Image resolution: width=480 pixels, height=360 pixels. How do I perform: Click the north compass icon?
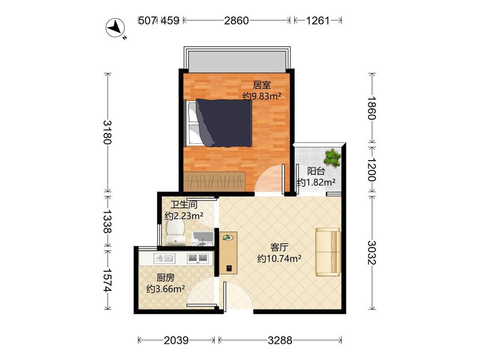click(x=116, y=28)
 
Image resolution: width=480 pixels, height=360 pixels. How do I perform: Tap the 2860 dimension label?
click(x=236, y=20)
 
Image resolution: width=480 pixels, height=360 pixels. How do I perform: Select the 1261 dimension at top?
click(x=318, y=20)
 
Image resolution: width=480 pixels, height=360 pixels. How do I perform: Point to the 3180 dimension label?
click(x=108, y=132)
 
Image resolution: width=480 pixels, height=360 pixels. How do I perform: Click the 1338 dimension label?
click(x=108, y=221)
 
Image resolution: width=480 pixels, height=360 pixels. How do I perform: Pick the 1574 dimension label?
click(x=108, y=280)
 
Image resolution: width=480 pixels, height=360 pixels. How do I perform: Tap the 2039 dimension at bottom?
click(x=176, y=340)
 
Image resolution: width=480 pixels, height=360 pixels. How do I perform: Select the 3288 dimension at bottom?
click(x=280, y=340)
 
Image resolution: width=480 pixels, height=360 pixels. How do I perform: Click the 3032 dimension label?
click(x=372, y=253)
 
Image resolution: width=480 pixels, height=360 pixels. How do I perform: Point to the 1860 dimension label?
click(x=372, y=108)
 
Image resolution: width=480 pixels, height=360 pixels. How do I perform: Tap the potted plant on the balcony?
click(x=332, y=158)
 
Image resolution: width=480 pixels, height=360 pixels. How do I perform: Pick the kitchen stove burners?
click(x=198, y=258)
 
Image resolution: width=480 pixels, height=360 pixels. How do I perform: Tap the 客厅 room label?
click(x=279, y=247)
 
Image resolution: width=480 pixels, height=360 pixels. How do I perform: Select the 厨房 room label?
click(x=165, y=278)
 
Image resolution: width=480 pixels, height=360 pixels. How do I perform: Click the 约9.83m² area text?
click(x=262, y=96)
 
